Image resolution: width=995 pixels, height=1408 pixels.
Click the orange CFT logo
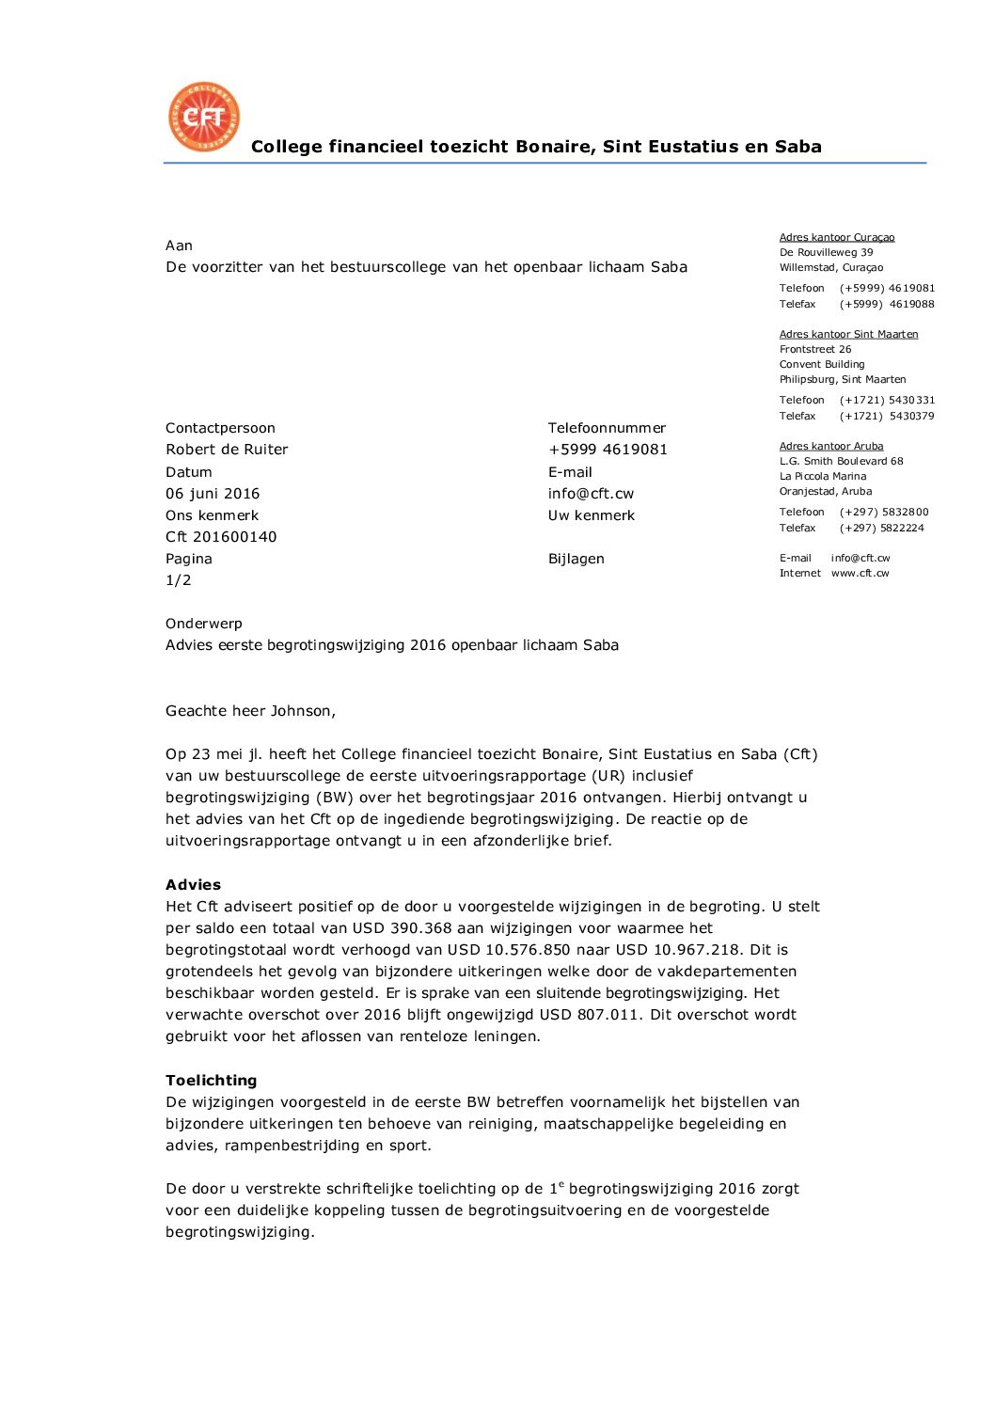pyautogui.click(x=204, y=117)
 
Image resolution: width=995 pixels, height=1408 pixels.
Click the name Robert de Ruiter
pyautogui.click(x=227, y=450)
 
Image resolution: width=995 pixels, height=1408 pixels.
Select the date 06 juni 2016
pyautogui.click(x=213, y=494)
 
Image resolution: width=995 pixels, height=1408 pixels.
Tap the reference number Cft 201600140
pyautogui.click(x=221, y=537)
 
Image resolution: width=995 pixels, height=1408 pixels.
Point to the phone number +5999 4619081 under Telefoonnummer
pyautogui.click(x=608, y=450)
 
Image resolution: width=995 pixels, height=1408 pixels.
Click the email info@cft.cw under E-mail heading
pyautogui.click(x=591, y=494)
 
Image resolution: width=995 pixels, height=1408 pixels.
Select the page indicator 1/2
pyautogui.click(x=179, y=580)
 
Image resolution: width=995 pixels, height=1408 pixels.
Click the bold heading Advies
pyautogui.click(x=193, y=885)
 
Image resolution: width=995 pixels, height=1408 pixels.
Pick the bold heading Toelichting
pyautogui.click(x=211, y=1081)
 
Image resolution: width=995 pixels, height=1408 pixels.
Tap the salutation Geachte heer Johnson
pyautogui.click(x=250, y=711)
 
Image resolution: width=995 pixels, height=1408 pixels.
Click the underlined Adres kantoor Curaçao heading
pyautogui.click(x=837, y=238)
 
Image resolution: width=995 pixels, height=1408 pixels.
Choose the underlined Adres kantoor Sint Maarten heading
pyautogui.click(x=848, y=334)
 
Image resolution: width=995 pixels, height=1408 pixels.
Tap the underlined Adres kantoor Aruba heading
pyautogui.click(x=831, y=446)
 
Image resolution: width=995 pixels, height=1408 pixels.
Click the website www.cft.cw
pyautogui.click(x=860, y=573)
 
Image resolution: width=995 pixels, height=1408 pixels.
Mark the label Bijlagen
pyautogui.click(x=576, y=559)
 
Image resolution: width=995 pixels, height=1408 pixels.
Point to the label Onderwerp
pyautogui.click(x=204, y=624)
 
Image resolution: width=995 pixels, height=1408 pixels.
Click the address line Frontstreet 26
pyautogui.click(x=815, y=349)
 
